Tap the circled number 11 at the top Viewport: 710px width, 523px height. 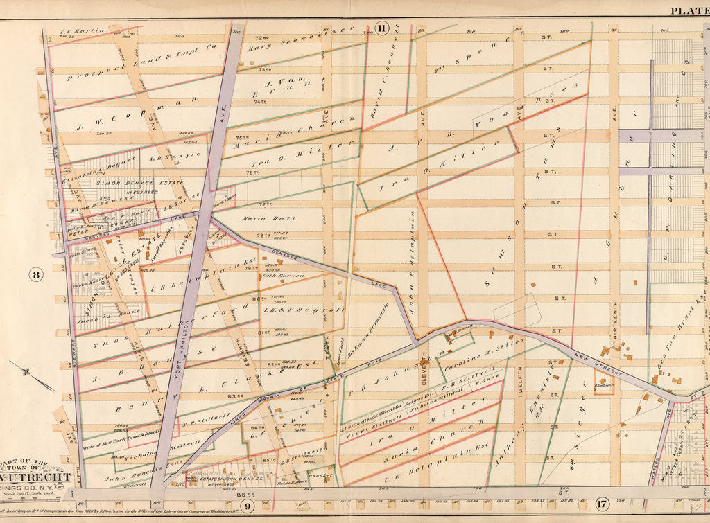(x=381, y=28)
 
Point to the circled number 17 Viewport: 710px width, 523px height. (x=602, y=504)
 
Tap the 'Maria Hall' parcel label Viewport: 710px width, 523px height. (x=280, y=218)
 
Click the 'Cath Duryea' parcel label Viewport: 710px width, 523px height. (x=282, y=275)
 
